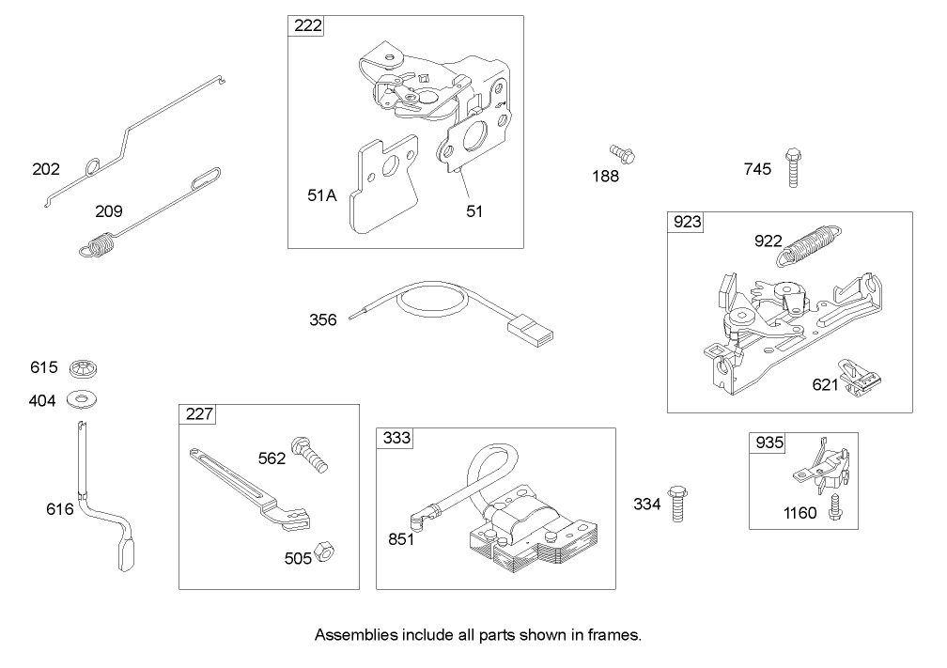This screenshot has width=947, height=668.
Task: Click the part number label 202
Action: point(45,169)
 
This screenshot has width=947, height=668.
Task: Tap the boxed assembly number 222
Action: point(306,26)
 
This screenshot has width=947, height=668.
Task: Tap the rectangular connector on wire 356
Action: point(532,330)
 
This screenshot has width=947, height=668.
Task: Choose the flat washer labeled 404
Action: point(85,401)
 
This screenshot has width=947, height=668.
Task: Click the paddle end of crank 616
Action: point(127,552)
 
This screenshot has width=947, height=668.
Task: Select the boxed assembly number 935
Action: point(767,443)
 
